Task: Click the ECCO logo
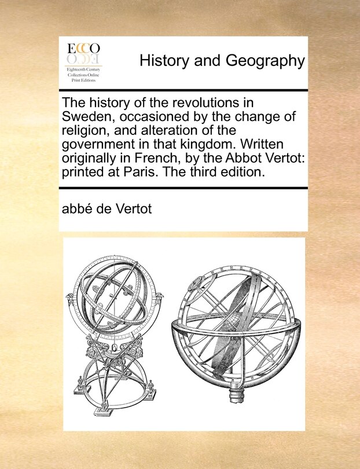(x=83, y=52)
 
